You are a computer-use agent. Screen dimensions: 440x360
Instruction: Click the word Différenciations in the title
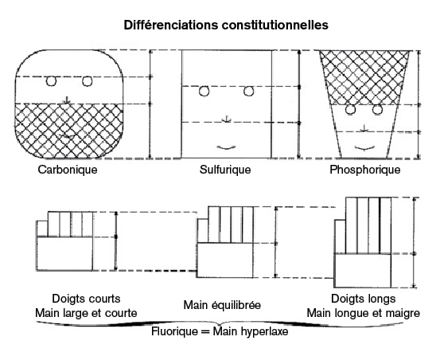click(171, 25)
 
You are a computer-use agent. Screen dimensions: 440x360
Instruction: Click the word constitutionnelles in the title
click(275, 25)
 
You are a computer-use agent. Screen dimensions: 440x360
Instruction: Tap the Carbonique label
click(68, 170)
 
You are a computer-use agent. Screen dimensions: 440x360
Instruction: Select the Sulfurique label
click(225, 170)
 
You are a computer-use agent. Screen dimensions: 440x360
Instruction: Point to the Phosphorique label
click(364, 170)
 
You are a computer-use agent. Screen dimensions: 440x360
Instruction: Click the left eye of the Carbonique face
click(51, 81)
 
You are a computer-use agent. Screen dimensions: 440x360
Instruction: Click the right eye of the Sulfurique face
click(248, 92)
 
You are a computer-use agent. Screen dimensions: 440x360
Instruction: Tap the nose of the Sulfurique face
click(227, 119)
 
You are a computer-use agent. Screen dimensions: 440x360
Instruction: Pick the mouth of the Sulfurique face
click(227, 147)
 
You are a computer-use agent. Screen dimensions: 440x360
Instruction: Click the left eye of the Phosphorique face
click(350, 109)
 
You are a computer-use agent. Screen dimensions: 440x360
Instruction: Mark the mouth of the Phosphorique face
click(364, 147)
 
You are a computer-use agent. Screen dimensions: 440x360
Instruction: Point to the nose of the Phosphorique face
click(364, 128)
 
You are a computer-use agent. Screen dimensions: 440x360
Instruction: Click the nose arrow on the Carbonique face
click(67, 100)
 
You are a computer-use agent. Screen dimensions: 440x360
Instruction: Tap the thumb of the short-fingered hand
click(42, 229)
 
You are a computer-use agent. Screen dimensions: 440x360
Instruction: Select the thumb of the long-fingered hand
click(340, 237)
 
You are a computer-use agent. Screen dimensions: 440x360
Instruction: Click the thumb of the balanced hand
click(203, 231)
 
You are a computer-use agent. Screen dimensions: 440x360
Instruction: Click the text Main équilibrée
click(222, 305)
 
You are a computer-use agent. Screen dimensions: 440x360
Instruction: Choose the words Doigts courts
click(86, 299)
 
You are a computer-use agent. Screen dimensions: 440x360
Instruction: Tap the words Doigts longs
click(364, 299)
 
